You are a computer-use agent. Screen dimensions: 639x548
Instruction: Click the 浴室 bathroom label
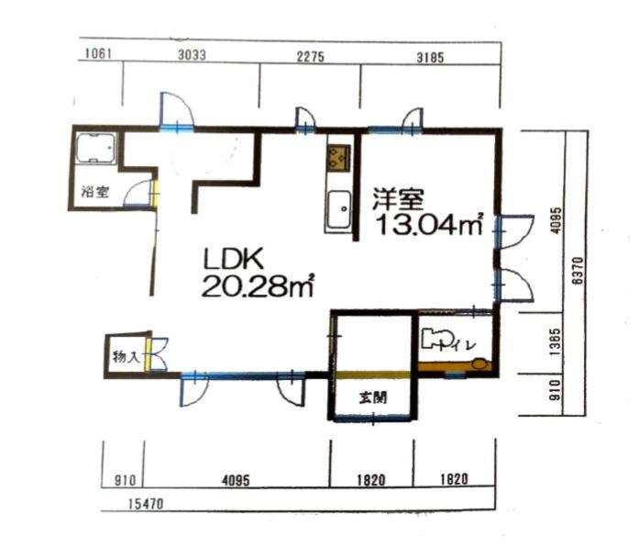(95, 192)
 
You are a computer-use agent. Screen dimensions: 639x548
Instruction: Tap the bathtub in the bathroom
(95, 148)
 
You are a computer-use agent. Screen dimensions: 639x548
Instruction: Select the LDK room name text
(234, 259)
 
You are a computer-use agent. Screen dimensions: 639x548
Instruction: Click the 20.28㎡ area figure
(258, 286)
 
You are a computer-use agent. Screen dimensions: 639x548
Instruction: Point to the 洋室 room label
(399, 198)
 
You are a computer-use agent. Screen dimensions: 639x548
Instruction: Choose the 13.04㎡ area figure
(430, 224)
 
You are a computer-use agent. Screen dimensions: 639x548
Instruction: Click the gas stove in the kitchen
(339, 158)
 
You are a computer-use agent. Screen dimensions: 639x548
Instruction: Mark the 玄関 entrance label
(373, 397)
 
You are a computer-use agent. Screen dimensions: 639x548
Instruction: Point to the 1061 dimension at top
(98, 53)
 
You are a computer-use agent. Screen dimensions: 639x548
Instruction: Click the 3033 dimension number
(192, 55)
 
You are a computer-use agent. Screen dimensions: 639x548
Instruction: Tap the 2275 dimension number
(311, 56)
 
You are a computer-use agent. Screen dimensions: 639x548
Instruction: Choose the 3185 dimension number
(430, 58)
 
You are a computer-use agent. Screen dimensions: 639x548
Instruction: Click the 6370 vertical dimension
(578, 271)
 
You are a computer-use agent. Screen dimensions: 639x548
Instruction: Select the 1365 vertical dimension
(555, 342)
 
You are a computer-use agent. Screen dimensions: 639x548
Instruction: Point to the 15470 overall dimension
(146, 504)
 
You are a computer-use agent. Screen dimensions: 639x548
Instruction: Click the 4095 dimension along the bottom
(236, 480)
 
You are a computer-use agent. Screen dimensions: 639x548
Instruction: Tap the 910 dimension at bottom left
(125, 480)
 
